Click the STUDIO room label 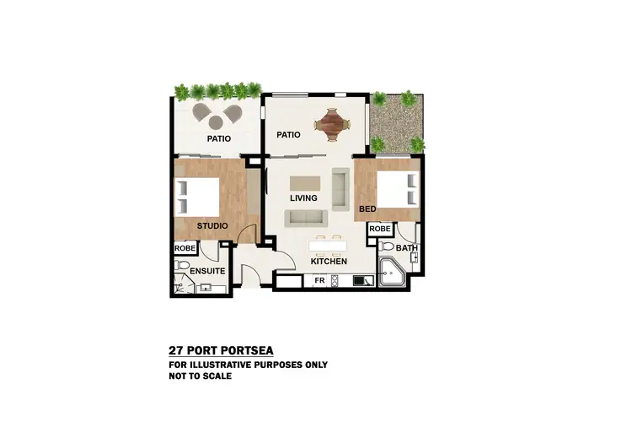(212, 226)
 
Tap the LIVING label (303, 198)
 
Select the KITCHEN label (329, 262)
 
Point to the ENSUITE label (206, 271)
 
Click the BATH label (406, 248)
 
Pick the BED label (367, 208)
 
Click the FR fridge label (319, 280)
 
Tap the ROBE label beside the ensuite (185, 249)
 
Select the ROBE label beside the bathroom (379, 229)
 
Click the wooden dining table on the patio (330, 126)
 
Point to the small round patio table (217, 118)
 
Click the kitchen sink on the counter (363, 280)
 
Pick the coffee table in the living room (305, 182)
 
